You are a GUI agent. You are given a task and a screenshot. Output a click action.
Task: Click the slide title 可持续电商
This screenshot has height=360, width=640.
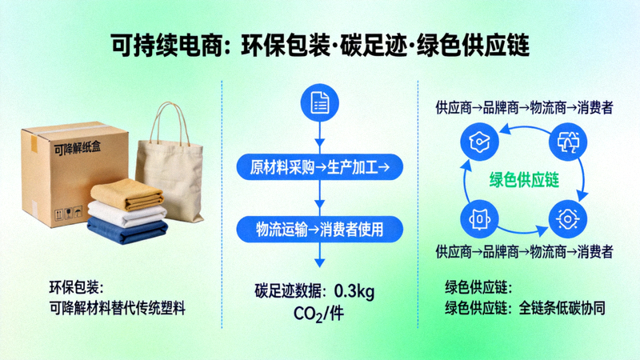pos(166,44)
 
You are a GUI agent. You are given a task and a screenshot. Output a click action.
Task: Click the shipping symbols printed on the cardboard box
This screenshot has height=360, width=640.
pos(64,214)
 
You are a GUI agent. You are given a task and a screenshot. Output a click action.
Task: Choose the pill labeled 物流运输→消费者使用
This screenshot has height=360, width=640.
pos(320,228)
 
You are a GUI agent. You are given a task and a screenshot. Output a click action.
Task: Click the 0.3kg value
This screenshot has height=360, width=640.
pos(354,289)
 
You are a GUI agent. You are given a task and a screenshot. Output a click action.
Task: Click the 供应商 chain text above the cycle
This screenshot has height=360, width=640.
pos(524,107)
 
